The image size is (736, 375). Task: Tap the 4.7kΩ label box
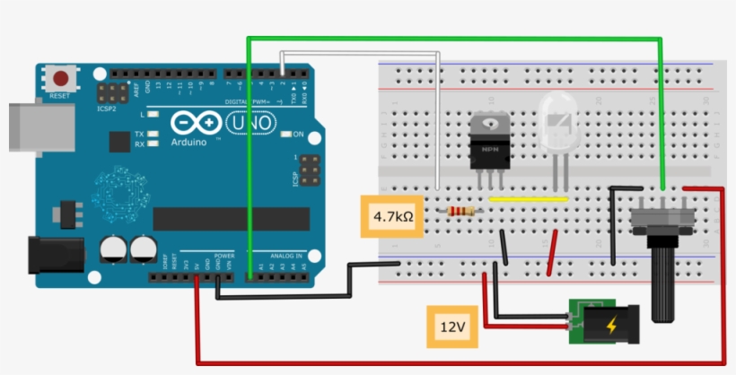392,216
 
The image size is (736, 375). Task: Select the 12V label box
451,327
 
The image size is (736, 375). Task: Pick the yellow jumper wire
529,198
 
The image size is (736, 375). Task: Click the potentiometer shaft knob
665,283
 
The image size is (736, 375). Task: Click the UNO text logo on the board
247,122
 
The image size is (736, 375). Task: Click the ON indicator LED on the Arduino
286,135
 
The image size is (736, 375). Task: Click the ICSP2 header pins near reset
112,92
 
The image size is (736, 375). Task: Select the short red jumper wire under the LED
553,252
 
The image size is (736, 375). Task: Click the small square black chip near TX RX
118,141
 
